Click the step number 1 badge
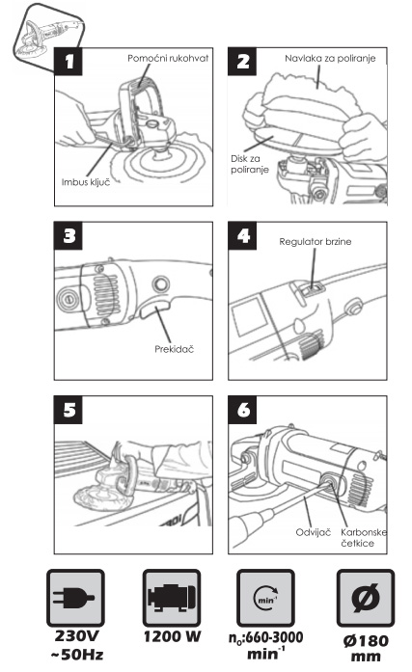pyautogui.click(x=69, y=62)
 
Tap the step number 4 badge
pyautogui.click(x=242, y=235)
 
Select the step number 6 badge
pyautogui.click(x=242, y=410)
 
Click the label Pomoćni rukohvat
pyautogui.click(x=168, y=58)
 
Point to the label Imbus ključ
pyautogui.click(x=86, y=182)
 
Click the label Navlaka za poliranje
pyautogui.click(x=330, y=58)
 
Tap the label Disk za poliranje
pyautogui.click(x=250, y=164)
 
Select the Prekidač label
pyautogui.click(x=174, y=349)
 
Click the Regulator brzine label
pyautogui.click(x=316, y=242)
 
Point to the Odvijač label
pyautogui.click(x=314, y=532)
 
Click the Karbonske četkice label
pyautogui.click(x=364, y=538)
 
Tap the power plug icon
pyautogui.click(x=75, y=598)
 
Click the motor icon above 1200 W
pyautogui.click(x=172, y=598)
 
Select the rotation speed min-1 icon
pyautogui.click(x=265, y=598)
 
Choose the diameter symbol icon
pyautogui.click(x=366, y=598)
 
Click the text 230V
pyautogui.click(x=77, y=636)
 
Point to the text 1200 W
pyautogui.click(x=172, y=636)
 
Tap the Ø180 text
pyautogui.click(x=366, y=641)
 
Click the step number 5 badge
pyautogui.click(x=69, y=410)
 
